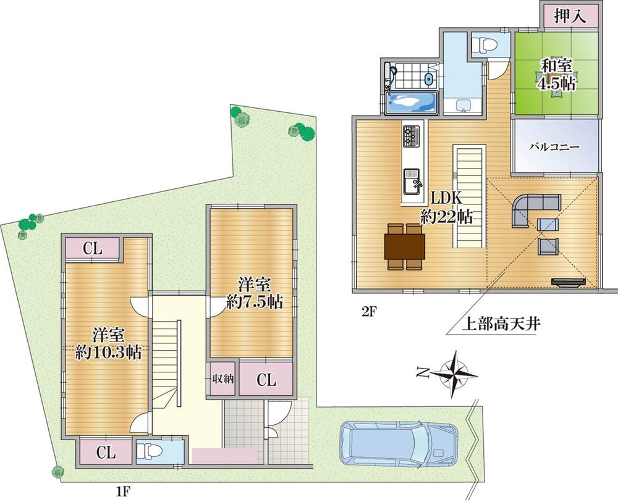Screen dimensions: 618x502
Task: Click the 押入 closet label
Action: (x=569, y=17)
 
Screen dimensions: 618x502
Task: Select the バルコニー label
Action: (x=554, y=148)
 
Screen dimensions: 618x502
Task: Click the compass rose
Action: (x=454, y=372)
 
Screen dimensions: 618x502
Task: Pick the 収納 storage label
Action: (x=222, y=379)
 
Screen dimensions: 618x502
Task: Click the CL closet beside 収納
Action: (x=266, y=379)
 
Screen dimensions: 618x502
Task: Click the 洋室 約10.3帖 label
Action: (x=109, y=344)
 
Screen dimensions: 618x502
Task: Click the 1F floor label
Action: (x=123, y=492)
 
